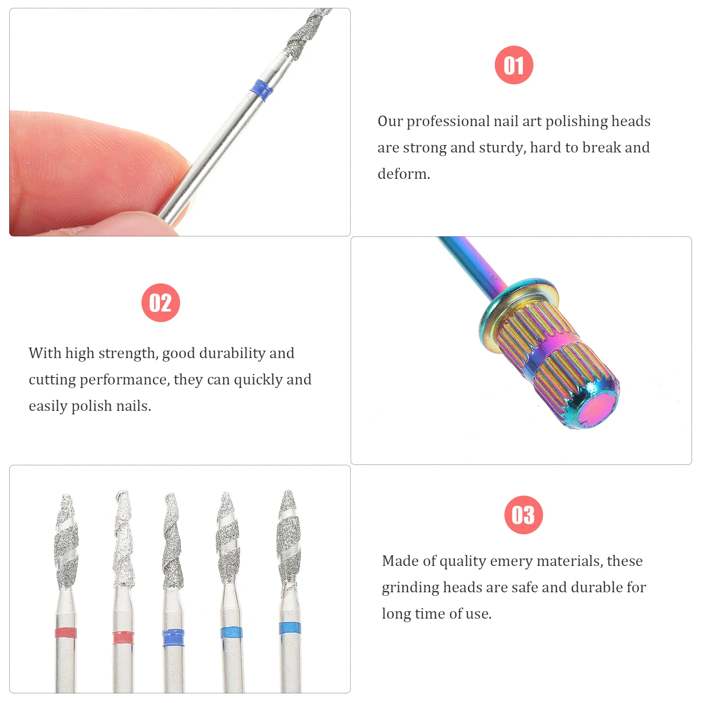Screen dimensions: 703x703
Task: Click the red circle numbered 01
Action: click(514, 65)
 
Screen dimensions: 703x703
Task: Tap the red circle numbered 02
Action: click(160, 303)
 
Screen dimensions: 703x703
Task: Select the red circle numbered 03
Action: click(523, 515)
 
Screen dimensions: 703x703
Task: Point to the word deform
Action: click(403, 174)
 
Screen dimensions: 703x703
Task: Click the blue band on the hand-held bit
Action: click(262, 90)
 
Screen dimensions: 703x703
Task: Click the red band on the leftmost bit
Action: click(66, 633)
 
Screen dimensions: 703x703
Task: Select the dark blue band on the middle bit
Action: click(173, 638)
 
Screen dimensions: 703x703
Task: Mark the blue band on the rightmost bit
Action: click(290, 628)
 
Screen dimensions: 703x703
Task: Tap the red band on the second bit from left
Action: click(123, 638)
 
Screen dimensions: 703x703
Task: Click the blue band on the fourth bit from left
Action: click(231, 633)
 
